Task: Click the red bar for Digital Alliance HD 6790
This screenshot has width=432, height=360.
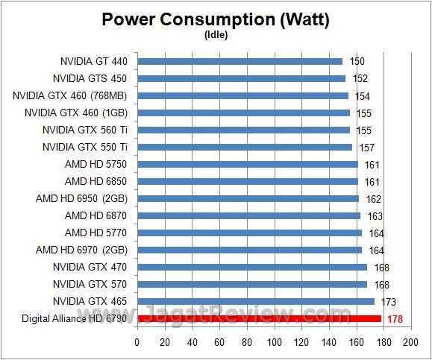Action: click(258, 318)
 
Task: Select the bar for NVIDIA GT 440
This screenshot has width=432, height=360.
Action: click(240, 61)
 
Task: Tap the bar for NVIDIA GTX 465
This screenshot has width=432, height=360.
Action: click(255, 301)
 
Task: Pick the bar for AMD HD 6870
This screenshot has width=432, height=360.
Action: click(248, 215)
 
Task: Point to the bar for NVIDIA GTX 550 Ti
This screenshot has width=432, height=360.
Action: click(244, 147)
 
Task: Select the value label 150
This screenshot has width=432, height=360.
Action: click(358, 61)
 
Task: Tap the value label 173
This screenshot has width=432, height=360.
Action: click(389, 302)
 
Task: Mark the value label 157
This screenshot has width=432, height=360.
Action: click(368, 147)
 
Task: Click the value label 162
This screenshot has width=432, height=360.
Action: click(375, 199)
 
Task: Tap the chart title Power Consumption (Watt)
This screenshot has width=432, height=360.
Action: click(216, 19)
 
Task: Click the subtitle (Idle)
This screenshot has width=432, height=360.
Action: click(216, 34)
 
